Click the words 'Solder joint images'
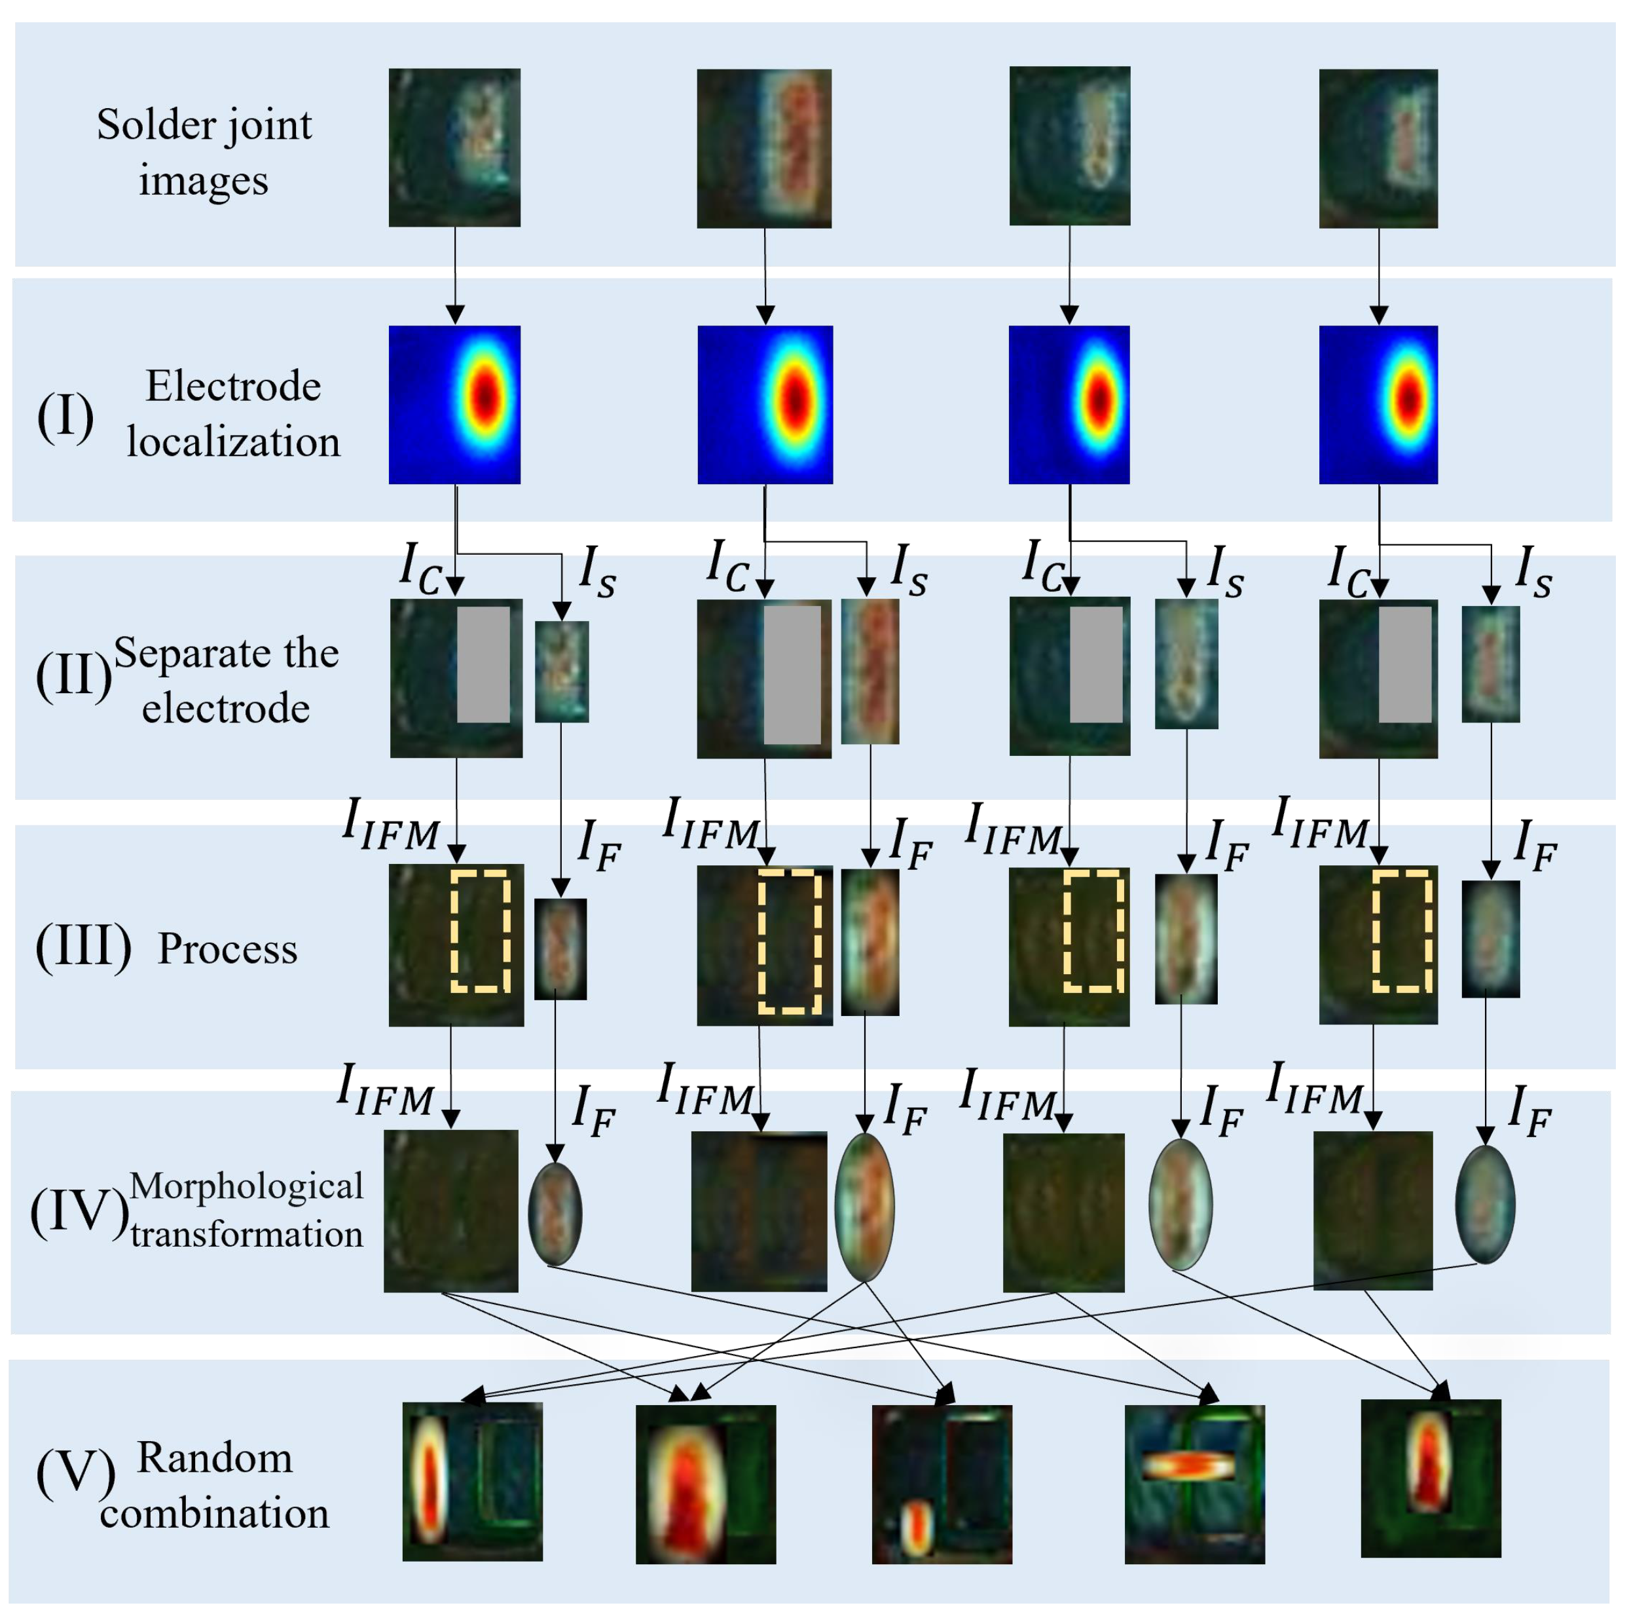coord(204,152)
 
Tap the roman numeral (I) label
coord(65,416)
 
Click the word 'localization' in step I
coord(234,442)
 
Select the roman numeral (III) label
coord(82,947)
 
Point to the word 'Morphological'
coord(246,1185)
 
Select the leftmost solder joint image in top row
coord(454,147)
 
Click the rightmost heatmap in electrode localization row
coord(1378,404)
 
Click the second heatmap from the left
coord(765,404)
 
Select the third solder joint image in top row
coord(1069,146)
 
